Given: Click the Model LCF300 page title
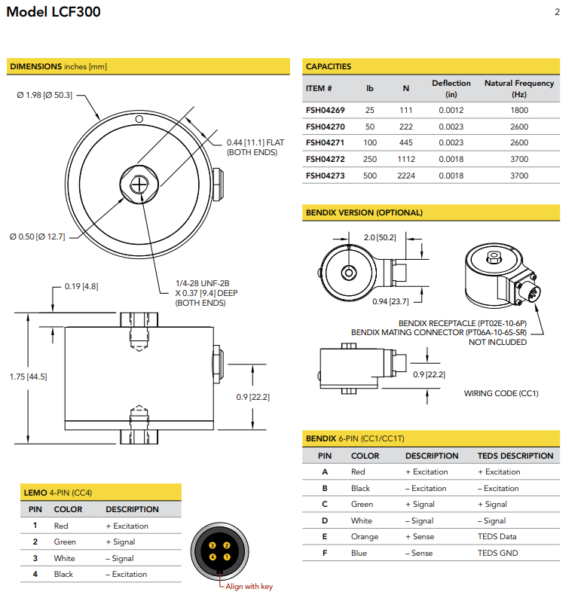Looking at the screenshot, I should [53, 12].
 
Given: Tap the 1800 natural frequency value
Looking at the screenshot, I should [518, 111].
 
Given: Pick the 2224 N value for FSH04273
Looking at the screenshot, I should [405, 175].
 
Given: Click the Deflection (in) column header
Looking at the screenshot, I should [451, 88].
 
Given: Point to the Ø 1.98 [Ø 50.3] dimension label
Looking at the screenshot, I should [44, 95].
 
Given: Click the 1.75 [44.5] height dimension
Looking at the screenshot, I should [29, 377].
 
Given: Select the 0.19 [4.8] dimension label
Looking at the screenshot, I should [81, 286].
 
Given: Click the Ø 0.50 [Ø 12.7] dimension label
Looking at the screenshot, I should [38, 236].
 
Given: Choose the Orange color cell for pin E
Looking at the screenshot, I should [365, 537].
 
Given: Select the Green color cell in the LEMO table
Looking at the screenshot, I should [65, 542].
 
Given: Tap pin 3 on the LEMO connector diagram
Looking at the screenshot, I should [213, 545].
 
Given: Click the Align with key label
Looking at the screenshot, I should [249, 587].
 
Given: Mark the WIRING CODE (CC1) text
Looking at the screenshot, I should [501, 393].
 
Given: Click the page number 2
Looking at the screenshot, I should [557, 12].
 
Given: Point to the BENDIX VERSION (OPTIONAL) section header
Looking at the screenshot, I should [364, 213].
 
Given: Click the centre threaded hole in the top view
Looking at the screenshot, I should [140, 183].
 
